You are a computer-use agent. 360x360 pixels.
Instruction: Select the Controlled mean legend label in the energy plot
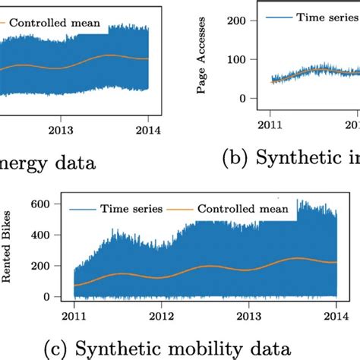[x=53, y=22]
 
